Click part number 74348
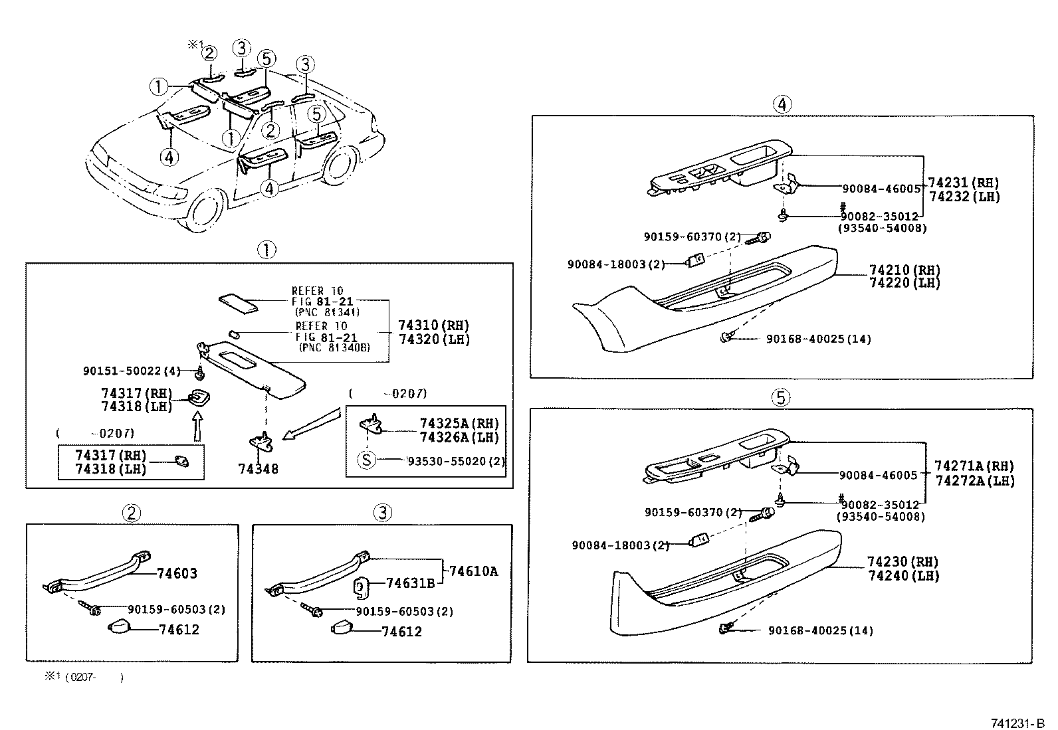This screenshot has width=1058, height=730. point(258,469)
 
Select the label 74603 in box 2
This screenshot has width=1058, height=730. point(177,574)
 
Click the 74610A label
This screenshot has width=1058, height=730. point(473,571)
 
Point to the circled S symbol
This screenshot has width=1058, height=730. point(367,459)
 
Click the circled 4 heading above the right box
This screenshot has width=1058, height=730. point(782,104)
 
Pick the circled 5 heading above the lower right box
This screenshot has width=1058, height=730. point(781,397)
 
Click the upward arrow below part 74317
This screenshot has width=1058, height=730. point(197,425)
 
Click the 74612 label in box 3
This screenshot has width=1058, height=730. point(401,632)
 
